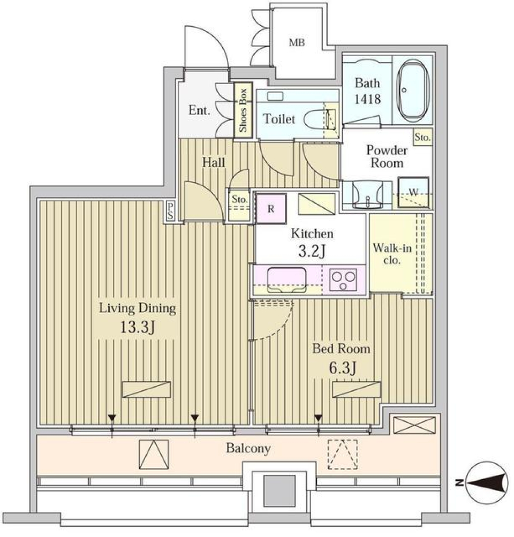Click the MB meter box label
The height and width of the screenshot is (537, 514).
coord(297,43)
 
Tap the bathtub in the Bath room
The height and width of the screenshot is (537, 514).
coord(412,89)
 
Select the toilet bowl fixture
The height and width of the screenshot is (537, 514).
coord(318,118)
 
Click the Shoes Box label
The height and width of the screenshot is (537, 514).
coord(243,110)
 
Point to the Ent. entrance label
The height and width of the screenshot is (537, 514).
coord(199,111)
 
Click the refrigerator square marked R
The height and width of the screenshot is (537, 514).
coord(271,208)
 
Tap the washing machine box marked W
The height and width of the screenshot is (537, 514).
coord(413,192)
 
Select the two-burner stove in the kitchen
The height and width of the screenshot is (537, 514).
coord(344,279)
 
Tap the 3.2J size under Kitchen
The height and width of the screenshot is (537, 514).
coord(312,251)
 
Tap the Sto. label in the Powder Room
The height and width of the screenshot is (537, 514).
coord(422,138)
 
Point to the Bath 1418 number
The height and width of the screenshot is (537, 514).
coord(367,99)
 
